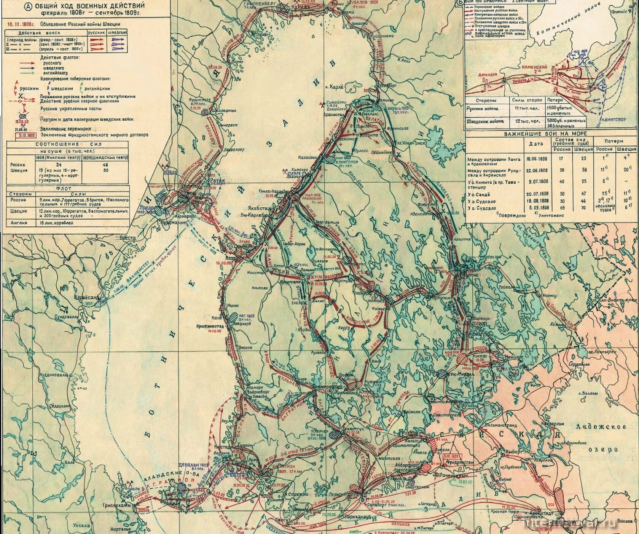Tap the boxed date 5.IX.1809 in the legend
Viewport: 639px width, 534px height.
tap(25, 135)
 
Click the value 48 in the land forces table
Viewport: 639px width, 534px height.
tap(105, 165)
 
